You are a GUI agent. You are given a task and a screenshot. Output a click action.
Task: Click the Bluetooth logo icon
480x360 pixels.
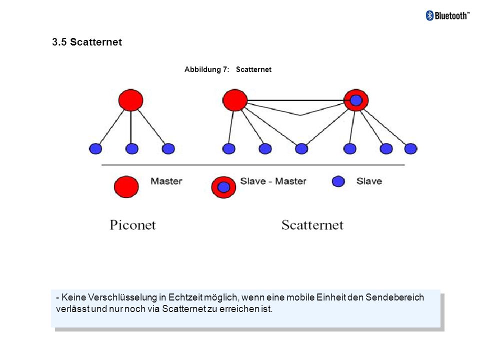coord(430,15)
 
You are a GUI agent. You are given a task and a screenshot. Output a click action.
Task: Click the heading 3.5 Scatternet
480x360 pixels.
coord(87,42)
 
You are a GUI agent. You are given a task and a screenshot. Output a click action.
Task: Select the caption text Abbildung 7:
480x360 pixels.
coord(206,69)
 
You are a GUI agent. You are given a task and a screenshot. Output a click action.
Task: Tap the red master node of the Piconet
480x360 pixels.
coord(130,100)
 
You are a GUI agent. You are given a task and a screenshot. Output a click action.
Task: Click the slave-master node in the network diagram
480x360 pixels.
coord(356,100)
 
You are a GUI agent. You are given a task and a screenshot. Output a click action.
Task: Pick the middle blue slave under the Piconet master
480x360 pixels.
coord(132,149)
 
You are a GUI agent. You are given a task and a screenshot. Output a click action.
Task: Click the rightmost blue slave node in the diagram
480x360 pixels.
coord(410,149)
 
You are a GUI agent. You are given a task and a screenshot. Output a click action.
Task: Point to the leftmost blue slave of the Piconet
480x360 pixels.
coord(95,149)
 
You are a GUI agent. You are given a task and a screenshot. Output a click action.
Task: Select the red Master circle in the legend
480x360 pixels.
coord(126,186)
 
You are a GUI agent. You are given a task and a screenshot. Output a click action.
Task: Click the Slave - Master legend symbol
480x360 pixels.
coord(223,187)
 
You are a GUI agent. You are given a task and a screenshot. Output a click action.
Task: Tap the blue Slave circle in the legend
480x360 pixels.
coord(338,181)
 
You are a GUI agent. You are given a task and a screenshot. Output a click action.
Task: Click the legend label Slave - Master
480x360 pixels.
coord(273,181)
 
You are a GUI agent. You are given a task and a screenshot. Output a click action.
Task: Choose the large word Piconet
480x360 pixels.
coord(133,225)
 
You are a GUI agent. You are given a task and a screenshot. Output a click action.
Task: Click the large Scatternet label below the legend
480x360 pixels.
coord(312,225)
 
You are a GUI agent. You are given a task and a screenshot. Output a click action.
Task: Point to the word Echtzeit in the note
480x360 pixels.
coord(185,297)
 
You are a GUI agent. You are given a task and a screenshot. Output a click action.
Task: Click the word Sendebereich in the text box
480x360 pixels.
coord(394,297)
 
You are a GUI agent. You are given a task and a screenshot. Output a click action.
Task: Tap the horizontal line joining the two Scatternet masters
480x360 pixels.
coord(296,100)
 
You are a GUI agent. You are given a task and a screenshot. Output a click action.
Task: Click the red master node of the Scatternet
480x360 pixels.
coord(235,100)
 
